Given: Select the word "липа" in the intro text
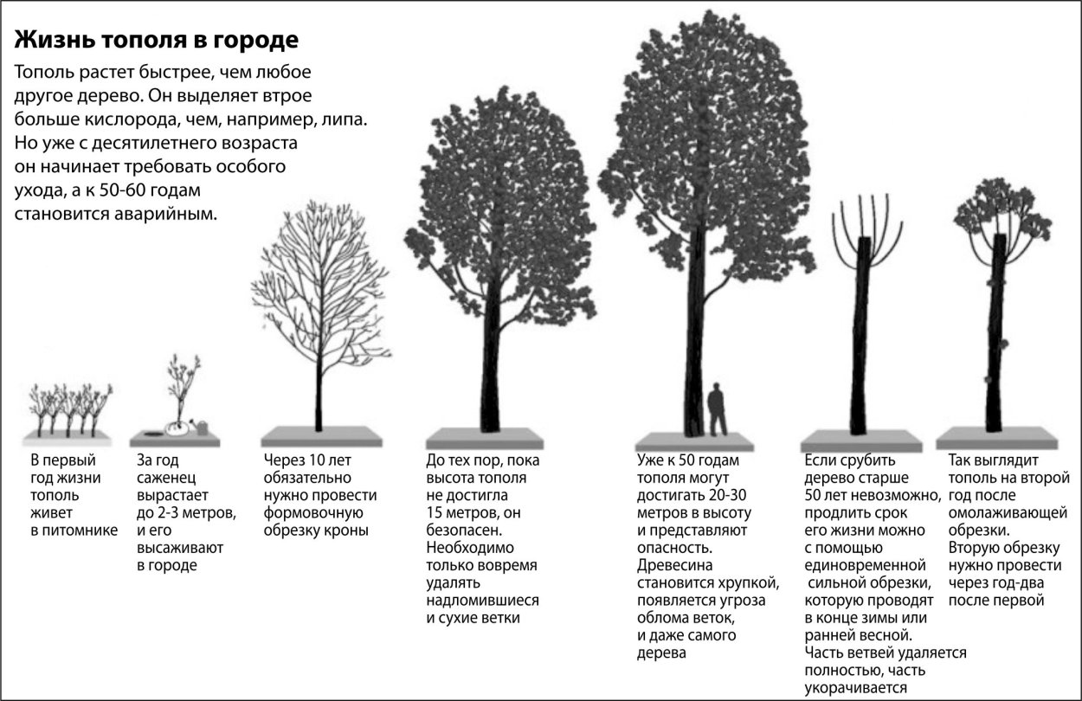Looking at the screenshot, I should tap(340, 118).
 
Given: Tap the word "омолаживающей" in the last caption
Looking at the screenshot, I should tap(1008, 512).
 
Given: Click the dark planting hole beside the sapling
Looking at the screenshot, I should tap(153, 428).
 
